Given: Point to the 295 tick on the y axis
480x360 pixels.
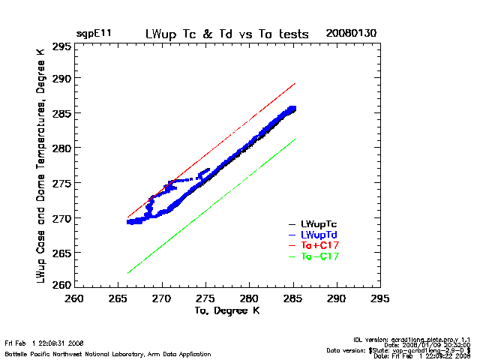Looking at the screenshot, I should (x=61, y=46).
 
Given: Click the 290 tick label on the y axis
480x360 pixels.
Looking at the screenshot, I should (x=61, y=79).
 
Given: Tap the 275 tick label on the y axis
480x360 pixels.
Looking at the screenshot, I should (x=61, y=183).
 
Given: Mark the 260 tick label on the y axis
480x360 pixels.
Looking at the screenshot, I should (x=61, y=285).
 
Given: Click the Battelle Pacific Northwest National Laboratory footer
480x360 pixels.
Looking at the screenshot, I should (x=108, y=353).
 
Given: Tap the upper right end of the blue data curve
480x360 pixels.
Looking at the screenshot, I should (x=293, y=109).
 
